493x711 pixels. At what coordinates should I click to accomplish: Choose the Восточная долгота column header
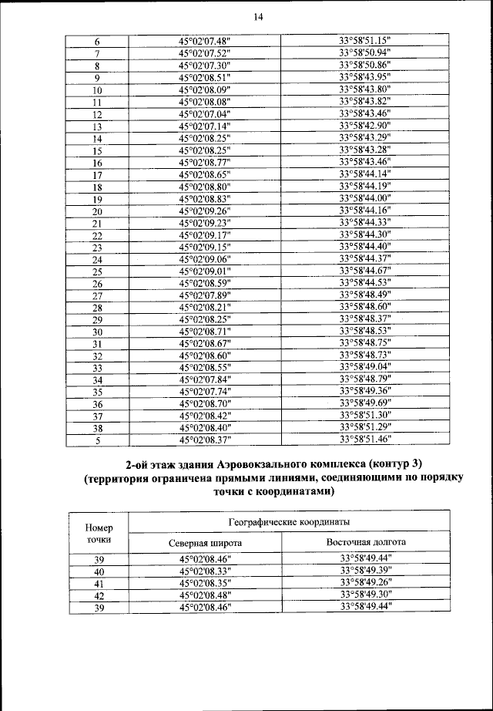(x=366, y=542)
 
